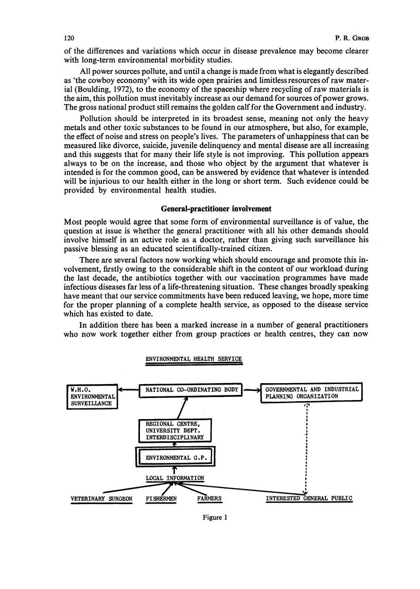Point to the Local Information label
tap(175, 478)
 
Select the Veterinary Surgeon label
tap(102, 498)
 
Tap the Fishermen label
tap(163, 498)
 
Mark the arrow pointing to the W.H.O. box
tap(129, 390)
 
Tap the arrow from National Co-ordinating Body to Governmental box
tap(251, 390)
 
